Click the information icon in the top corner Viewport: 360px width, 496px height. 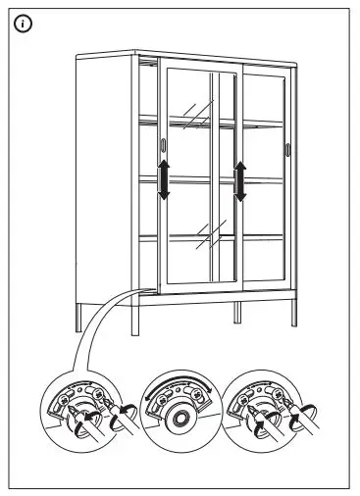point(23,24)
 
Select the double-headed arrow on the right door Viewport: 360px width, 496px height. point(238,181)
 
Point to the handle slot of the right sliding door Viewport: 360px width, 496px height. point(287,148)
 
